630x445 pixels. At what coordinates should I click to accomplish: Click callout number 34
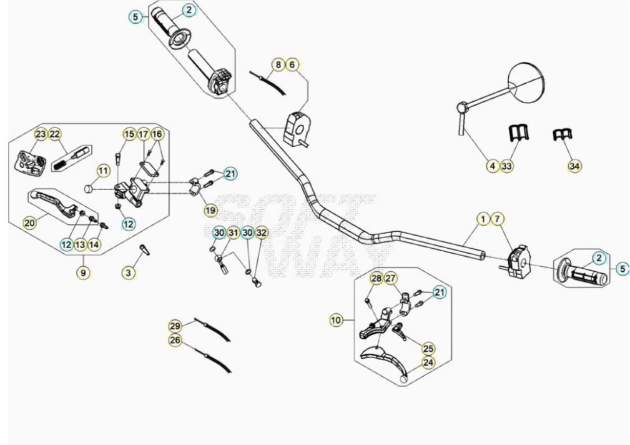[574, 166]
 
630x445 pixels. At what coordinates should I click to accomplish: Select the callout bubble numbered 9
[83, 272]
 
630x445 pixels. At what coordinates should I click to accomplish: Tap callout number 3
[129, 272]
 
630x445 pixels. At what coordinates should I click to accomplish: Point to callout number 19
[210, 210]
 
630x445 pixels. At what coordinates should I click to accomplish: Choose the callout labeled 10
[336, 320]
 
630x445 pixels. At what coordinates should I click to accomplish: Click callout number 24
[428, 362]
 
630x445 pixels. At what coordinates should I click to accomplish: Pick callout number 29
[175, 326]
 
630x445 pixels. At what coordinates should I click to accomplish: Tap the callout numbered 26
[175, 341]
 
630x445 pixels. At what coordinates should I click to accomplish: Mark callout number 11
[103, 171]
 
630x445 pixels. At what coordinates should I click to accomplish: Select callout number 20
[30, 222]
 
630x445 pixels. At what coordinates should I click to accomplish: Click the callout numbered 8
[278, 64]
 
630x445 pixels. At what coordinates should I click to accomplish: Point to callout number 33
[506, 166]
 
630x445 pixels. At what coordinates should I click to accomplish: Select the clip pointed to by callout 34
[563, 135]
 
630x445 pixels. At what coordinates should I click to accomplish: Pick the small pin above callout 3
[144, 249]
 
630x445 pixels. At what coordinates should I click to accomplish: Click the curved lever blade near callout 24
[385, 359]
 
